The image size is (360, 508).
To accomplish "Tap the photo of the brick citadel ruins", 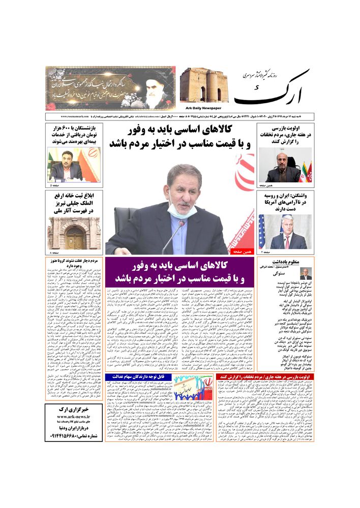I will click(x=204, y=85).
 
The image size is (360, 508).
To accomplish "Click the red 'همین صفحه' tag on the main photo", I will click(x=242, y=251).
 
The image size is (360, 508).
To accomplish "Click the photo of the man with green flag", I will click(x=74, y=165).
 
